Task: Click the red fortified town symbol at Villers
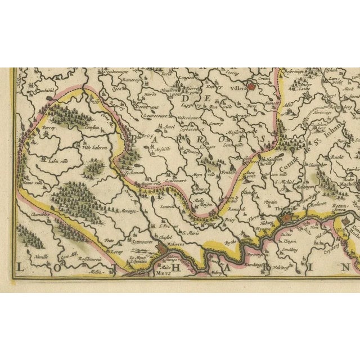pos(253,87)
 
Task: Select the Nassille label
pos(41,256)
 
